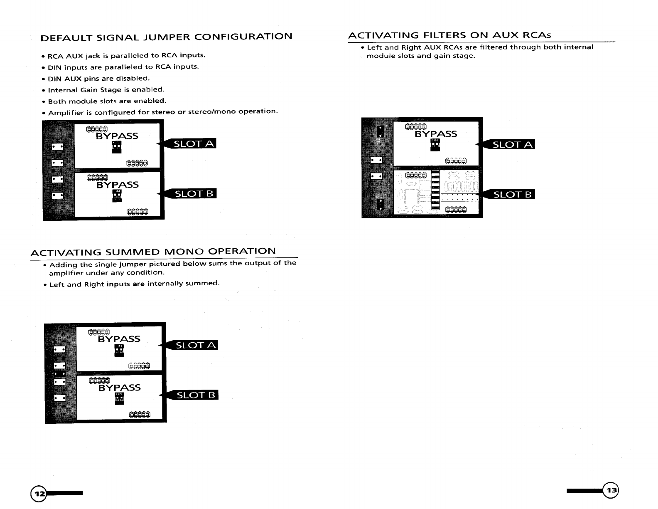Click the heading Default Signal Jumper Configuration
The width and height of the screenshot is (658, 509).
[x=166, y=37]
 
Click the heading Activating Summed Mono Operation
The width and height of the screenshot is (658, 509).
[x=153, y=252]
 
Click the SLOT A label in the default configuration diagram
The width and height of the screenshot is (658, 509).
[x=194, y=144]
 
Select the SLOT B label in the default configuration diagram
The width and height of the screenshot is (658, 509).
[x=194, y=194]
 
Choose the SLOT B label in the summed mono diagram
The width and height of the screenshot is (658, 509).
[x=196, y=395]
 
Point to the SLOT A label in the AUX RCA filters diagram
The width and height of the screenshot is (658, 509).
[x=512, y=145]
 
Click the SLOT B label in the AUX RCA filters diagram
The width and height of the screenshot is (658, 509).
[x=512, y=194]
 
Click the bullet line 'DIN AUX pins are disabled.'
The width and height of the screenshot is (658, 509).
[x=98, y=78]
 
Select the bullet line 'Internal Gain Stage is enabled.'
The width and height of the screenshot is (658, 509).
[x=106, y=89]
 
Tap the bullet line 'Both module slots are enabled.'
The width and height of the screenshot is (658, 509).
[x=107, y=101]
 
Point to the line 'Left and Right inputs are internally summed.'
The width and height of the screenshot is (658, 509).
[x=134, y=284]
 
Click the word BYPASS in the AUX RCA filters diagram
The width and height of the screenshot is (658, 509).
[x=436, y=134]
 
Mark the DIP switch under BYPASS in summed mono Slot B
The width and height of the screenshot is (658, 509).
[x=119, y=399]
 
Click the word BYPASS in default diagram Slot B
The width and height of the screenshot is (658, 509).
[x=117, y=185]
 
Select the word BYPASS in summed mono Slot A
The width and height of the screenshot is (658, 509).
[x=119, y=339]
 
